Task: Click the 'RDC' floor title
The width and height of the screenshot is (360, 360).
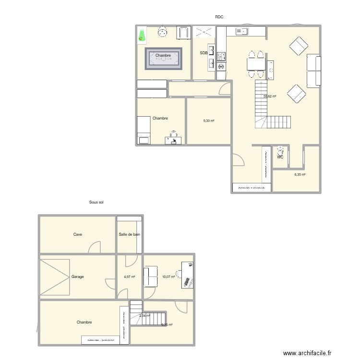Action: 219,17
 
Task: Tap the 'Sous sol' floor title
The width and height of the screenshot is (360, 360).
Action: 96,203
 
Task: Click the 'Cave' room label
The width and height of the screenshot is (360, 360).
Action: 77,235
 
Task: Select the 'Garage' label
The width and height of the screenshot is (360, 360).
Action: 78,277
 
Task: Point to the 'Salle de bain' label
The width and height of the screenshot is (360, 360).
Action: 130,235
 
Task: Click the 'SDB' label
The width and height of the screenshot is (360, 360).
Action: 204,53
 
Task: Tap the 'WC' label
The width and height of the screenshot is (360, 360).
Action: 280,156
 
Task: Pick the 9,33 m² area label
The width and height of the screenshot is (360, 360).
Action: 209,121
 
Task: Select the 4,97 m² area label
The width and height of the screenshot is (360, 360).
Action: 130,277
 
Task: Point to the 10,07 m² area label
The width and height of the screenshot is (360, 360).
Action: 168,277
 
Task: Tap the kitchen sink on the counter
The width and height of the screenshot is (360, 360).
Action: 241,32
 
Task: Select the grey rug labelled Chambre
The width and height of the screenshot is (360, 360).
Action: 164,59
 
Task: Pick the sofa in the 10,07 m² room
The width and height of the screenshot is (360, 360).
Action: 151,277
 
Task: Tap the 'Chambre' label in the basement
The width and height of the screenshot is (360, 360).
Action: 84,323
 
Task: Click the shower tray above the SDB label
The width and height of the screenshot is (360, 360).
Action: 204,32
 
